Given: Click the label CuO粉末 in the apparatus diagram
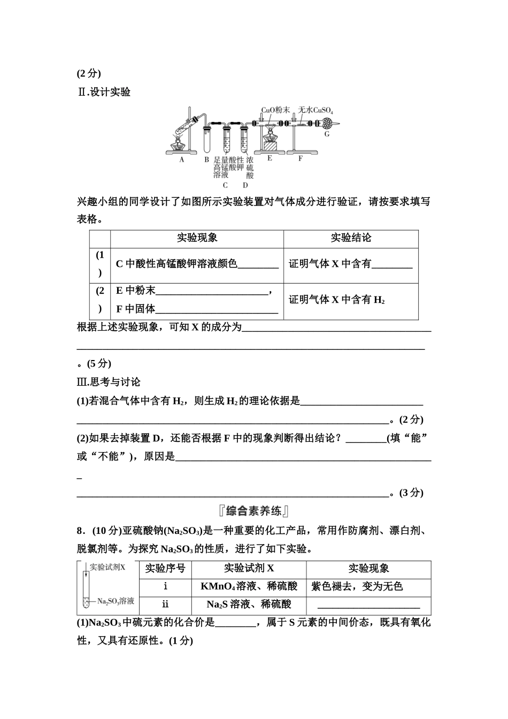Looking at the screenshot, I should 275,110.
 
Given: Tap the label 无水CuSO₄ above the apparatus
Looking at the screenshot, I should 315,110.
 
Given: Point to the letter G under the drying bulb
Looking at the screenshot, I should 327,134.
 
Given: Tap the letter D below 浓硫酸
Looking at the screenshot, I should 245,185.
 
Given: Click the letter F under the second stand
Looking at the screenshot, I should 301,158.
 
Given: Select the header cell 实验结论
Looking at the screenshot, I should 351,239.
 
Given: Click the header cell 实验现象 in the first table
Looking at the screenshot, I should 197,239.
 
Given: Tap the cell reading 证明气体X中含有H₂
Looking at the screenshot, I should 337,300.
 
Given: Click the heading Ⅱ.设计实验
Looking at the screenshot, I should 104,92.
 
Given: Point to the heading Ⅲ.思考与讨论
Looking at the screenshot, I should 109,382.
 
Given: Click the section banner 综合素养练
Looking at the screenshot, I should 253,511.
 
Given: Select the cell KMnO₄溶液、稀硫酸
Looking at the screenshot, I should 249,587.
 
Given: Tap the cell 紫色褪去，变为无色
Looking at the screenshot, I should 357,587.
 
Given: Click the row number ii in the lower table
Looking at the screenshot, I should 165,605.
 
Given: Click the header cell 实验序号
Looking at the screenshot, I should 165,569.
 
